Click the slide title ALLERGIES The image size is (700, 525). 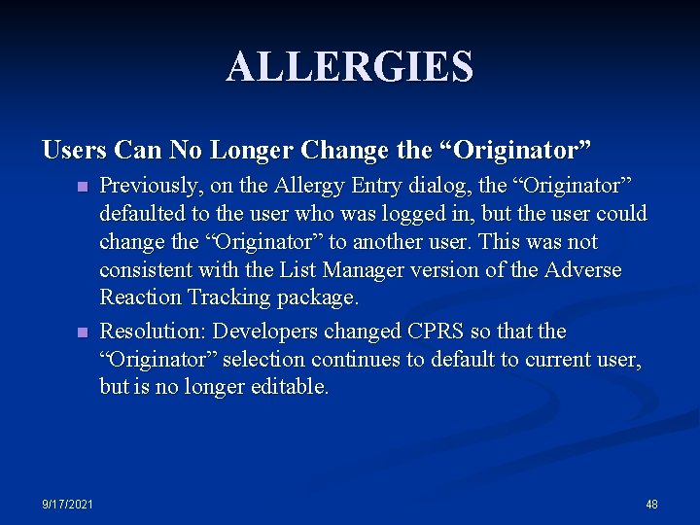tap(350, 67)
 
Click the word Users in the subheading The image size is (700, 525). tap(75, 151)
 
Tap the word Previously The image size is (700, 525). tap(152, 186)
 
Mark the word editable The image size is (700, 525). tap(289, 386)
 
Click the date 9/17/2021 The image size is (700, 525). tap(67, 504)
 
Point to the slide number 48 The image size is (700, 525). tap(651, 504)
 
